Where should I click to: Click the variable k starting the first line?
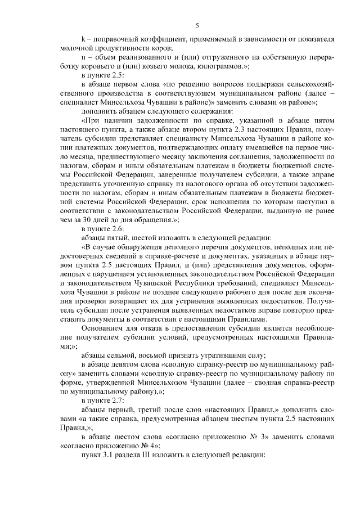pyautogui.click(x=83, y=39)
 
